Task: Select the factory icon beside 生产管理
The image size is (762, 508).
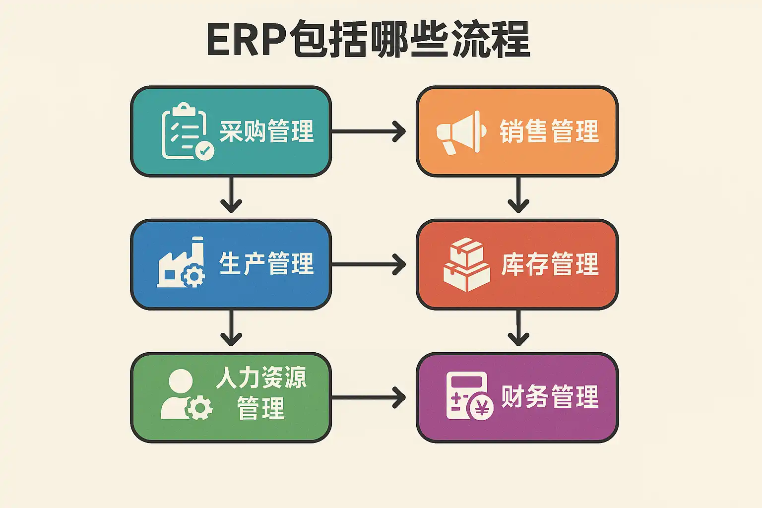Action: pos(182,263)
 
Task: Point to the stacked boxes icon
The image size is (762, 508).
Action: pos(466,264)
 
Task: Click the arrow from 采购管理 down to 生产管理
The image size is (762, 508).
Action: pos(231,194)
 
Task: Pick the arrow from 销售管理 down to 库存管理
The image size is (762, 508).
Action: pos(518,194)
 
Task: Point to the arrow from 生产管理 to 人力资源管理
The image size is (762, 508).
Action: pos(231,328)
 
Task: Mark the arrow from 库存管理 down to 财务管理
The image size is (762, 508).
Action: pos(518,328)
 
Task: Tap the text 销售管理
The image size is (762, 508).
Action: pos(549,131)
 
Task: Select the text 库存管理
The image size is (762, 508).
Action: pos(550,264)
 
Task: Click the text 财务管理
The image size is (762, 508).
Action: pos(550,396)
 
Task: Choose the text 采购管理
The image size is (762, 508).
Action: pos(266,131)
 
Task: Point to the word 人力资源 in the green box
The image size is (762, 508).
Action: pos(261,378)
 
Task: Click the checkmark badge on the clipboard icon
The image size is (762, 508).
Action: pos(204,150)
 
